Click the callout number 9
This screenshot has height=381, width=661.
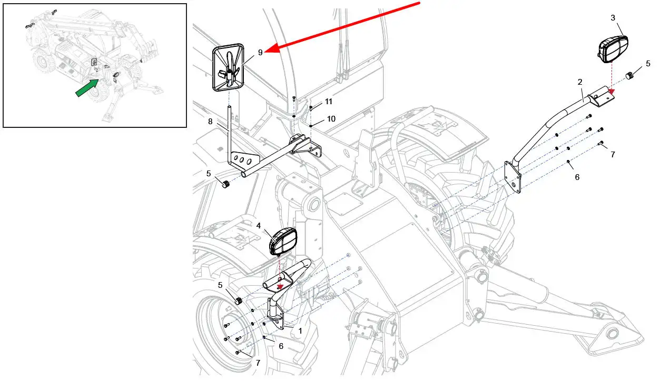tap(260, 53)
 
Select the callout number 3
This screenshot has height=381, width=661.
tap(613, 18)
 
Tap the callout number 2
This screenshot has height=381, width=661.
tap(579, 82)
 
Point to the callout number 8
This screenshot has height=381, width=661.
tap(210, 122)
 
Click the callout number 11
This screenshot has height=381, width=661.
tap(328, 101)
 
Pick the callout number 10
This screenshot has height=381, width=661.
tap(331, 119)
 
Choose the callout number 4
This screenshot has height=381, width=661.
tap(259, 225)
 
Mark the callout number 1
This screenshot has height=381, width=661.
tap(300, 331)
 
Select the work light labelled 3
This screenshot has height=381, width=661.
tap(613, 46)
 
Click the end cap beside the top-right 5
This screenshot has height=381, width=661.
tap(630, 76)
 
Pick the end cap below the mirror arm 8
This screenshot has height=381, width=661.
tap(226, 184)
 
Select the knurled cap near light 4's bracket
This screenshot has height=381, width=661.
tap(238, 301)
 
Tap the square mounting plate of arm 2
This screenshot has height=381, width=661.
tap(514, 177)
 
